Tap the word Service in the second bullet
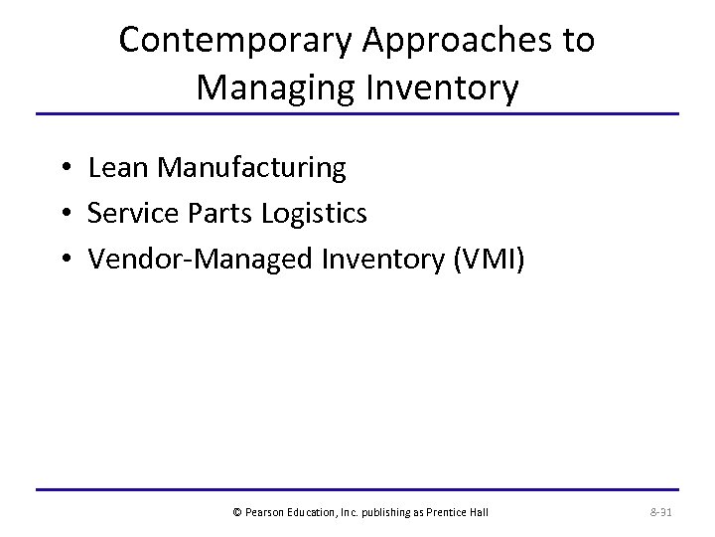point(128,213)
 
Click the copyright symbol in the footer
point(236,512)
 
